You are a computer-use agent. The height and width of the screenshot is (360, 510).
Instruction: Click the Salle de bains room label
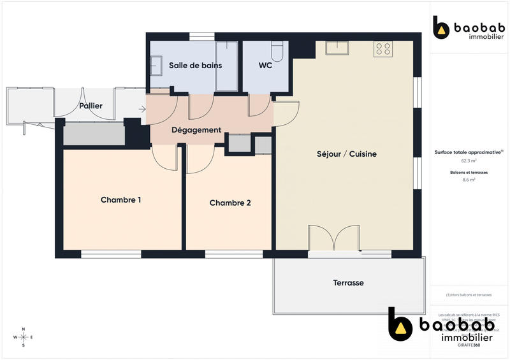[x=195, y=65]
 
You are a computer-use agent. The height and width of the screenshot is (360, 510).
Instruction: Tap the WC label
[x=266, y=65]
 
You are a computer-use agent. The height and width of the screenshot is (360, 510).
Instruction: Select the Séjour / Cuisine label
[x=347, y=154]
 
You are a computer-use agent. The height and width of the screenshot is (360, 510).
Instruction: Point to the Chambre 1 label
[x=121, y=199]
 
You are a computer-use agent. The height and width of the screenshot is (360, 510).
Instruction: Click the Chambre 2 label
[x=230, y=203]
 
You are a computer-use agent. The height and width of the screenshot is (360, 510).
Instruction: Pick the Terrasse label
[x=348, y=282]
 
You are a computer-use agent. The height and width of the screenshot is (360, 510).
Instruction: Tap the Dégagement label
[x=196, y=130]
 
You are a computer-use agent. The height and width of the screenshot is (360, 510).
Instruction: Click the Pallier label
[x=91, y=106]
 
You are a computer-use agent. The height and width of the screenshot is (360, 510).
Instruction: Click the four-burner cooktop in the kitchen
[x=383, y=49]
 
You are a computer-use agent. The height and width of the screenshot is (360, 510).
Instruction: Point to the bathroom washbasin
[x=156, y=64]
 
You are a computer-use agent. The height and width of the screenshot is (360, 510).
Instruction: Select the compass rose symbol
[x=24, y=336]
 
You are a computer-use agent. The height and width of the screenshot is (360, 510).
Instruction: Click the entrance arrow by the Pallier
[x=142, y=109]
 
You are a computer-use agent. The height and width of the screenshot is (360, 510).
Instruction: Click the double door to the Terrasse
[x=333, y=239]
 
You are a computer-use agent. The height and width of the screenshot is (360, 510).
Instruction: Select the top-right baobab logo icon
[x=441, y=28]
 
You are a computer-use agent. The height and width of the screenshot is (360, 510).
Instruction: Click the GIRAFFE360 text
[x=469, y=344]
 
